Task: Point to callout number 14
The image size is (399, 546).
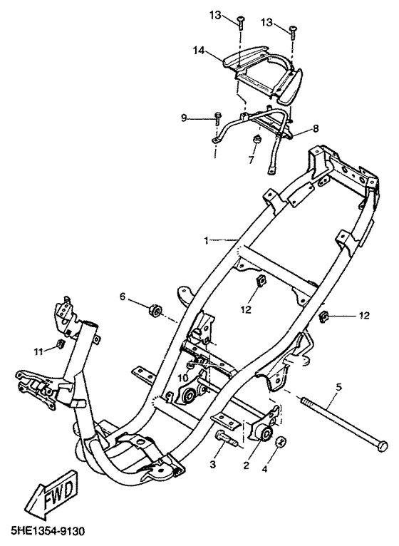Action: (199, 51)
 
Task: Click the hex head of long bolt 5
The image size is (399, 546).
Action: (383, 446)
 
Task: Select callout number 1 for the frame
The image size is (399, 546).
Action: (207, 240)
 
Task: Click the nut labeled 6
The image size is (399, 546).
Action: (154, 311)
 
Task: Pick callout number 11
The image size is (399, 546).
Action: (38, 351)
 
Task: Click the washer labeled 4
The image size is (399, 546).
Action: (281, 443)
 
